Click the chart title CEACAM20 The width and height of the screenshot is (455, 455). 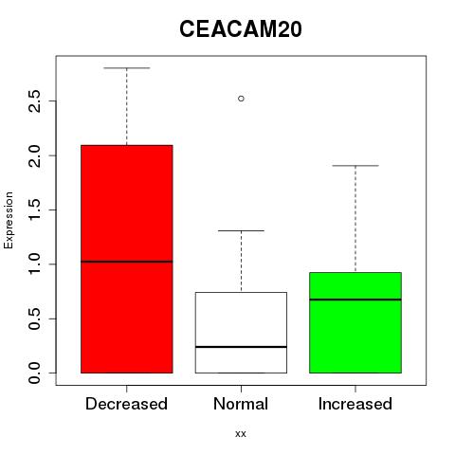pyautogui.click(x=241, y=29)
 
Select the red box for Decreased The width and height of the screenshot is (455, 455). pyautogui.click(x=127, y=259)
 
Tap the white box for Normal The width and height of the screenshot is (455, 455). pyautogui.click(x=241, y=333)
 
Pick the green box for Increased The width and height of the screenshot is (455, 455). pyautogui.click(x=355, y=322)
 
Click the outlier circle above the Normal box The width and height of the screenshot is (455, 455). pyautogui.click(x=241, y=99)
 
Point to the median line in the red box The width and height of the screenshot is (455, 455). pyautogui.click(x=127, y=262)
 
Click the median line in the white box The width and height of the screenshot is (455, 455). pyautogui.click(x=241, y=347)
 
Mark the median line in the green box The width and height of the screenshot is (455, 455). pyautogui.click(x=355, y=300)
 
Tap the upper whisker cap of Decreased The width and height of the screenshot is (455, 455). pyautogui.click(x=127, y=68)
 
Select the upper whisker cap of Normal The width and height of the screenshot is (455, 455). pyautogui.click(x=241, y=230)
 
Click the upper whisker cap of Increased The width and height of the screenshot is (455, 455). pyautogui.click(x=355, y=166)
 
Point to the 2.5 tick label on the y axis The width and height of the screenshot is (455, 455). pyautogui.click(x=34, y=101)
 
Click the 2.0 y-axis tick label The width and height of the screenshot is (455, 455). pyautogui.click(x=34, y=155)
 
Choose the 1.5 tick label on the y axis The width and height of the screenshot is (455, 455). pyautogui.click(x=34, y=209)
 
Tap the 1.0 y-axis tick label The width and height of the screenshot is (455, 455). pyautogui.click(x=34, y=264)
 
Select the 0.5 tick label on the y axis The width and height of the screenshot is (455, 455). pyautogui.click(x=34, y=318)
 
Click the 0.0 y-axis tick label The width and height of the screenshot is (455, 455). pyautogui.click(x=34, y=373)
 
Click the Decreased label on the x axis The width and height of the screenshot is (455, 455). pyautogui.click(x=126, y=404)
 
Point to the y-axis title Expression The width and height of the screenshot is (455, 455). pyautogui.click(x=9, y=220)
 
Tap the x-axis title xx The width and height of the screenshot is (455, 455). pyautogui.click(x=241, y=434)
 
